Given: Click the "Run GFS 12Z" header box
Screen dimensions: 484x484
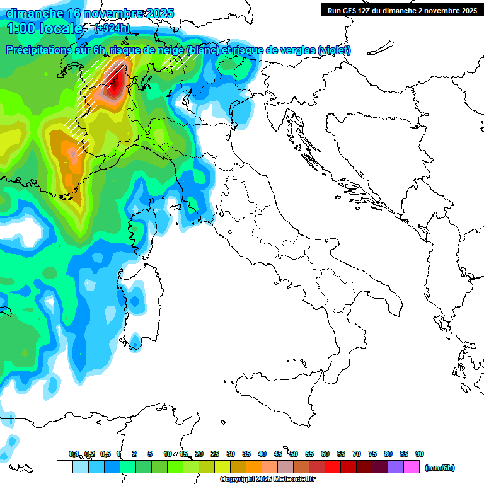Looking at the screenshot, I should [401, 10].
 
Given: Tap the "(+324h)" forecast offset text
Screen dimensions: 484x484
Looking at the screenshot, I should [112, 28].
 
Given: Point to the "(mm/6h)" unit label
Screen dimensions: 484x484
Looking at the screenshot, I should [439, 468].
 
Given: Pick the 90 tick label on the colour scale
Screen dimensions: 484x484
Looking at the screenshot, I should [420, 454].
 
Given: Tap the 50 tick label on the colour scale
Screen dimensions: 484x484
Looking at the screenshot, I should [294, 454].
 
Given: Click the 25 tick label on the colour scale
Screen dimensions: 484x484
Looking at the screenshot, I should [215, 454].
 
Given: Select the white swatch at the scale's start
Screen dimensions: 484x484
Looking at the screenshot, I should [64, 467].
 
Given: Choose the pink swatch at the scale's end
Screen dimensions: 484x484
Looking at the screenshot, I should [412, 467].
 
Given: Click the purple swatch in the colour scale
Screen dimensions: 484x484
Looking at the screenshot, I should [396, 467].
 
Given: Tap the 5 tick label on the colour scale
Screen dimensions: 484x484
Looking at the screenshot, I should [150, 454].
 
